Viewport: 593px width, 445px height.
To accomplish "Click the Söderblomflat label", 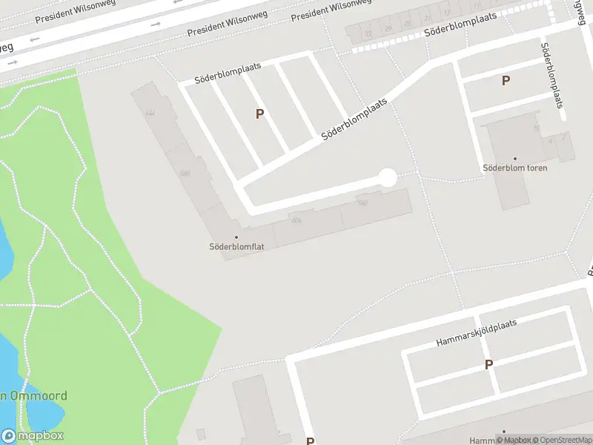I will pos(236,247).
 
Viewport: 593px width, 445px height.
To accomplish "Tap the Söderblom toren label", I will pos(515,168).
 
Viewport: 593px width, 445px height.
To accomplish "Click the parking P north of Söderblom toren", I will pos(506,81).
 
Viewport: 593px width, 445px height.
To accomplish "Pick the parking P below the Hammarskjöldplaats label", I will pos(488,365).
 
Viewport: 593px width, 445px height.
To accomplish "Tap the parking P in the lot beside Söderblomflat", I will pos(259,114).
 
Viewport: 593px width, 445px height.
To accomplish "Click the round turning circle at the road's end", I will pos(387,177).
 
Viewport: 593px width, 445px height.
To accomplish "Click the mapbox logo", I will pos(33,436).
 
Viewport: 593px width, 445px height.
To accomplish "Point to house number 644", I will pos(150,113).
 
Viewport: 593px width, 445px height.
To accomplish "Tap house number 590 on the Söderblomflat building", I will pos(185,174).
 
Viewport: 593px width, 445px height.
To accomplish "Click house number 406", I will pos(296,220).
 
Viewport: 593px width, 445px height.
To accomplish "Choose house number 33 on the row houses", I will pos(368,33).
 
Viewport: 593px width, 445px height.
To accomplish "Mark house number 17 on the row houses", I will pos(447,13).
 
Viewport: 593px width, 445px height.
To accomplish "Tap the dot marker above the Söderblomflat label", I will pos(236,237).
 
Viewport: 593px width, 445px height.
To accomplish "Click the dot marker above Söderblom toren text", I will pos(515,158).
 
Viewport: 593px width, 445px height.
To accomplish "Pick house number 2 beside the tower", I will pos(564,136).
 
